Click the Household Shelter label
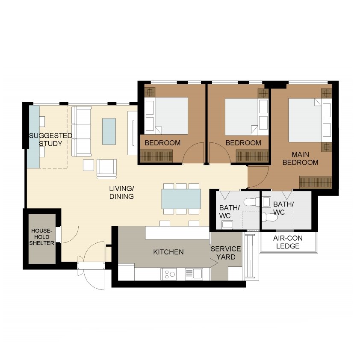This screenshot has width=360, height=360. [41, 237]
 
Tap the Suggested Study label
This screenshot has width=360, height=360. [50, 139]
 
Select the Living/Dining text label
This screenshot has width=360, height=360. [121, 192]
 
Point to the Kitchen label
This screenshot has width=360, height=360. [168, 252]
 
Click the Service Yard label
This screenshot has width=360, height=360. [226, 253]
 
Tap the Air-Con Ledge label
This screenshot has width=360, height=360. [288, 242]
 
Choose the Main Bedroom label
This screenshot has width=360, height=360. [300, 159]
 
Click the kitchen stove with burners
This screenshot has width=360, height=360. [169, 274]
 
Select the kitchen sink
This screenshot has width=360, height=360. [194, 274]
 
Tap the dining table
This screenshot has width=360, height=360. [181, 199]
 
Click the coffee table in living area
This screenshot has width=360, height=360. [109, 131]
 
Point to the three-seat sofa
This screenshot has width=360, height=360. [81, 131]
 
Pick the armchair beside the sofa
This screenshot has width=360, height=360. [106, 169]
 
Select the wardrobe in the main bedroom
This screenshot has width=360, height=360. [316, 182]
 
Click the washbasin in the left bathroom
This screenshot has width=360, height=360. [227, 224]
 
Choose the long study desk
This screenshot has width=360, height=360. [33, 137]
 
